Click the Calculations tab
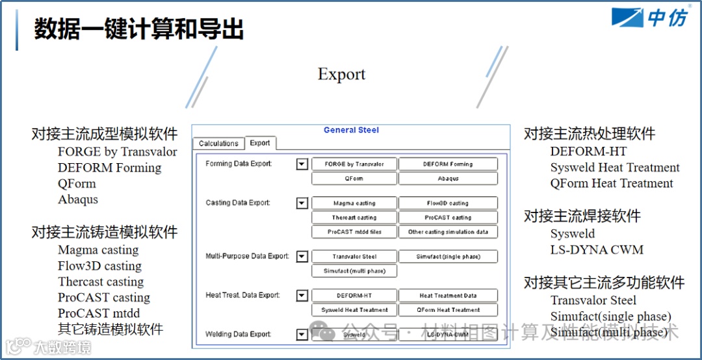(218, 144)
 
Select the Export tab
(260, 143)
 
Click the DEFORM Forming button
(448, 164)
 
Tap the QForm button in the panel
(354, 179)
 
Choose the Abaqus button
(448, 179)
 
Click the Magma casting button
(354, 203)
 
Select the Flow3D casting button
(448, 203)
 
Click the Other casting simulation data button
(448, 232)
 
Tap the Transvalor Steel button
(354, 257)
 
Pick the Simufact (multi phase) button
(354, 271)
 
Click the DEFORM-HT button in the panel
(354, 296)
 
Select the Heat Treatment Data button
(448, 296)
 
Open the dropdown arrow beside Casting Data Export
(302, 203)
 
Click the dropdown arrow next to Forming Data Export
(302, 164)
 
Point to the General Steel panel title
(351, 130)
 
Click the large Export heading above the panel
(342, 75)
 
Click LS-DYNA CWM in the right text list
(597, 250)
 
